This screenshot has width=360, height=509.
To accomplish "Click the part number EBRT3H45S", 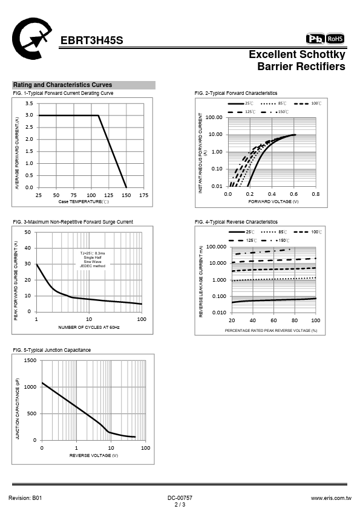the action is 91,41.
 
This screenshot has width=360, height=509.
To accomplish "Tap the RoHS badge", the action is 335,39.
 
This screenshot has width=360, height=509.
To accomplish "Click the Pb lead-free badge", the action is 315,39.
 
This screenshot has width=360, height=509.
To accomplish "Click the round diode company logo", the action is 31,39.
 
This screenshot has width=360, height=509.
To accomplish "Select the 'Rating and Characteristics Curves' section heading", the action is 62,85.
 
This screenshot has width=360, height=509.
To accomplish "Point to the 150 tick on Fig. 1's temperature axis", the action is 126,195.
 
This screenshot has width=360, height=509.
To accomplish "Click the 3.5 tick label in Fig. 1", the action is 29,103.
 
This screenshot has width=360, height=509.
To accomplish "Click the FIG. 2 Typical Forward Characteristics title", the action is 236,93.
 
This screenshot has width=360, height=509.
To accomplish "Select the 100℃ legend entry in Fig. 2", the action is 308,103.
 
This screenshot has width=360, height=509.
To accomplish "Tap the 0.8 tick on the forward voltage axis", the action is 315,194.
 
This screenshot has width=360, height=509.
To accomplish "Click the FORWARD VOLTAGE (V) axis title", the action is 273,201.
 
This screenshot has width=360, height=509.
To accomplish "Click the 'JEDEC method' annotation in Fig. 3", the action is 93,266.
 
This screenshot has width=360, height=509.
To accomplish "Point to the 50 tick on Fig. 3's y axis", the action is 28,232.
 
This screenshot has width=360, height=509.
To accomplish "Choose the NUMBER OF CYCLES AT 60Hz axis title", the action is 89,327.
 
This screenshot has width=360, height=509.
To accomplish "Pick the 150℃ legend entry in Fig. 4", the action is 275,241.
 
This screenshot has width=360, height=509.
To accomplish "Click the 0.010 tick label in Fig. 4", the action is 219,313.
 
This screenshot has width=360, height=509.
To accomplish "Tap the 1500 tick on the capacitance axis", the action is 30,360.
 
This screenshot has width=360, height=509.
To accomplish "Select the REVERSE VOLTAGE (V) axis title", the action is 94,455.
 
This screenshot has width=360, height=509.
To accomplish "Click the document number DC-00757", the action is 180,498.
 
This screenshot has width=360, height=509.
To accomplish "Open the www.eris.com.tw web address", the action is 331,498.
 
